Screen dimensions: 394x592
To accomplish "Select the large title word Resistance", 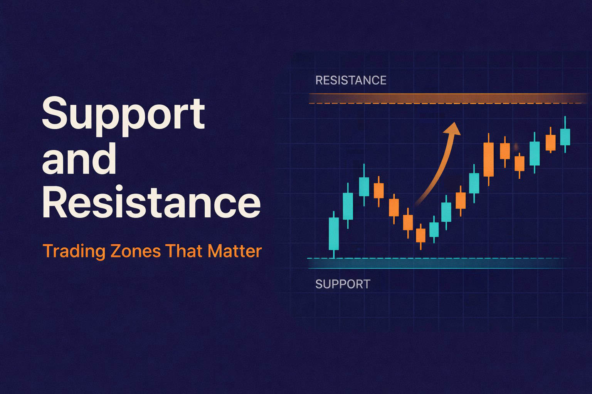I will point(151,202).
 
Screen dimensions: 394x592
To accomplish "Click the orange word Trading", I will point(74,251).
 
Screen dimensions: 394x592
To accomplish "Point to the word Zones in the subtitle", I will point(135,251).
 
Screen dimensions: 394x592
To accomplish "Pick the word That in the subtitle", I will point(184,251).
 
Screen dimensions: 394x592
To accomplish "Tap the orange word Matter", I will point(234,251).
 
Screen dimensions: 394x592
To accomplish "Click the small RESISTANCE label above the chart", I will point(351,80).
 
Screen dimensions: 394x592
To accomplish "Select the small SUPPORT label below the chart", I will point(343,284).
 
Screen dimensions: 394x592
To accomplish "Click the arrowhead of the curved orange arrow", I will point(453,129).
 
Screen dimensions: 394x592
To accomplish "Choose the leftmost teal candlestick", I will point(334,233).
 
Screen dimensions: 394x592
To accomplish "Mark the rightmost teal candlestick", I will point(565,137).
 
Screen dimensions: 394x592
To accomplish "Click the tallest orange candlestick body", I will point(488,159).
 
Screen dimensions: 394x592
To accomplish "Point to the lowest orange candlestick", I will point(420,235).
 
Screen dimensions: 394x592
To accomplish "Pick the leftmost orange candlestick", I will point(379,190).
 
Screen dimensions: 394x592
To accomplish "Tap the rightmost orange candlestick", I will point(550,142).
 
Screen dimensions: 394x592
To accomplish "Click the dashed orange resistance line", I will point(447,103).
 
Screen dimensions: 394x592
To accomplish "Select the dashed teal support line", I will point(439,258).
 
